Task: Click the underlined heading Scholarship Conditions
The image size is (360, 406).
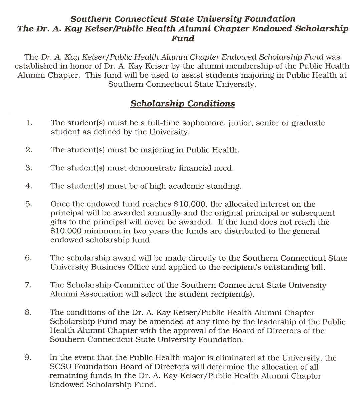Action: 183,104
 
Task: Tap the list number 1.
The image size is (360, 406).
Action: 29,123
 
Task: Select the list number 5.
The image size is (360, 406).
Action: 29,204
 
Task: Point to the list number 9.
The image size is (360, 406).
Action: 28,357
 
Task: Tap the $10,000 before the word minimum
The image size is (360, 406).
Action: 66,231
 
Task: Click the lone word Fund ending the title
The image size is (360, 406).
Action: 183,39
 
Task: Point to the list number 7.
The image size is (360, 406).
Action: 28,285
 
